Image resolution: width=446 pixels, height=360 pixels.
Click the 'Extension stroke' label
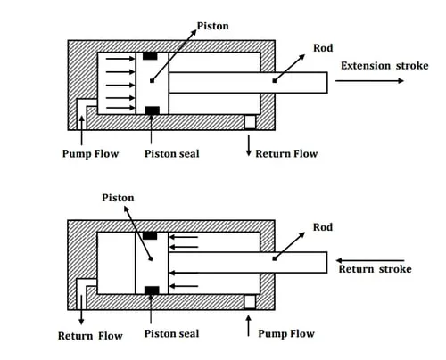click(384, 66)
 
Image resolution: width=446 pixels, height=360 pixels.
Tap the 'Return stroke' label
click(376, 269)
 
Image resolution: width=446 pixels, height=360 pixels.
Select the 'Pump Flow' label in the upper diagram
click(90, 154)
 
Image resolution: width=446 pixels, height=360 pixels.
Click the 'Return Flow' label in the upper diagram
click(286, 154)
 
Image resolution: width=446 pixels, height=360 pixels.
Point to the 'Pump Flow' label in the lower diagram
click(286, 333)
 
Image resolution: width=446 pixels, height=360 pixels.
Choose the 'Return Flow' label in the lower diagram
click(90, 336)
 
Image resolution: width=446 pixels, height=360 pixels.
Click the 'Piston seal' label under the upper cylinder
click(172, 154)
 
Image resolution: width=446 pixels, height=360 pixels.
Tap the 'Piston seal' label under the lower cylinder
click(171, 333)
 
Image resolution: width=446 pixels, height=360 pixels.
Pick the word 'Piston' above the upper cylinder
click(213, 26)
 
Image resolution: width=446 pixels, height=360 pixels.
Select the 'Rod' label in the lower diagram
click(323, 227)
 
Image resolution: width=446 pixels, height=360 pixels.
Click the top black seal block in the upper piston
click(150, 56)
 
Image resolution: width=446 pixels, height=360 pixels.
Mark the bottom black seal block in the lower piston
click(152, 290)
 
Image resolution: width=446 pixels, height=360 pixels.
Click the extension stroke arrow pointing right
click(369, 80)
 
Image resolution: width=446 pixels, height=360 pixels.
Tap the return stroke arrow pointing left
click(370, 260)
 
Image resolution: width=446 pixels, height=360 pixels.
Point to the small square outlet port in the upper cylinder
click(250, 122)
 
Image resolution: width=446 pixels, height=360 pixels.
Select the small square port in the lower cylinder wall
click(250, 302)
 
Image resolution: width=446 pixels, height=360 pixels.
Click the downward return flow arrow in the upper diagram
click(249, 145)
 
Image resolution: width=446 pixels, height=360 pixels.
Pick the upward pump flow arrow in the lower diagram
click(248, 326)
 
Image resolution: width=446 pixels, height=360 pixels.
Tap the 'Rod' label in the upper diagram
click(323, 48)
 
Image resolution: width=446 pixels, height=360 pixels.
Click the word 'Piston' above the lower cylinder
click(118, 198)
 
